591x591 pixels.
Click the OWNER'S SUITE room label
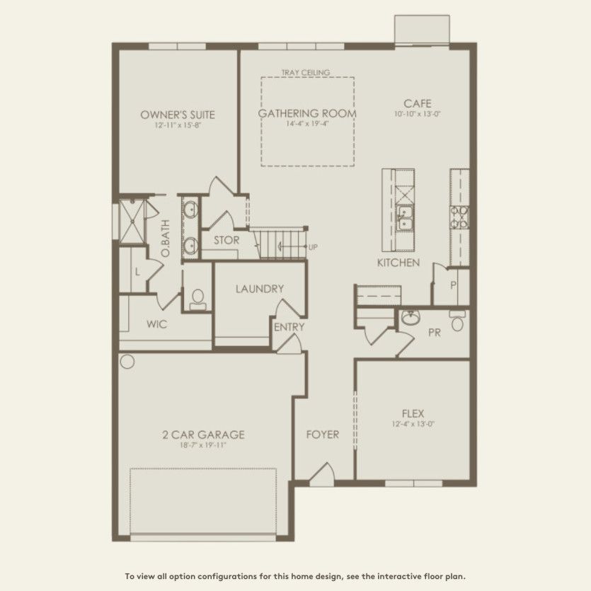(x=178, y=115)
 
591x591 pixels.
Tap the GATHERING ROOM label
(x=306, y=113)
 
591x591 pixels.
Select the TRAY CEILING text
(x=306, y=72)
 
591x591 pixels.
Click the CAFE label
(x=418, y=103)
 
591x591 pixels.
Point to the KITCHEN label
(x=398, y=263)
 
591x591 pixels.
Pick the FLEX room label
(x=413, y=413)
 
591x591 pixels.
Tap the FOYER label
(x=322, y=434)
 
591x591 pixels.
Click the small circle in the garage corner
(x=127, y=362)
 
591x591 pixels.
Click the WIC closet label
(x=156, y=325)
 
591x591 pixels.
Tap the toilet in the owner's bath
(x=197, y=299)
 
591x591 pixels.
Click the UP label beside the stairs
(x=312, y=247)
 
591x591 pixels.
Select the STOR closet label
(x=226, y=240)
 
